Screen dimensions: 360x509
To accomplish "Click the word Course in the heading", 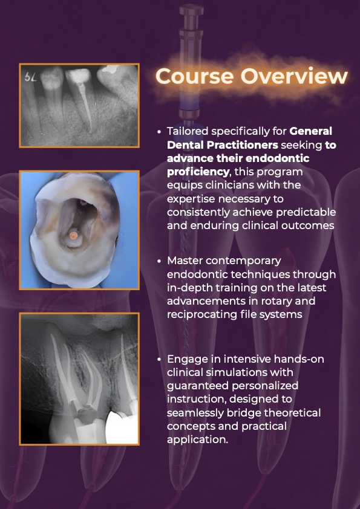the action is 194,76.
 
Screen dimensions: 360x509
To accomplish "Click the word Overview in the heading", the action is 294,76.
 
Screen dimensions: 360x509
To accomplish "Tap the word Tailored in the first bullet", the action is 188,131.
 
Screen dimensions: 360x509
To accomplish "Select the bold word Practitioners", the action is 239,144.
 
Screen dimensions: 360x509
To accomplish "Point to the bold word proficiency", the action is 198,172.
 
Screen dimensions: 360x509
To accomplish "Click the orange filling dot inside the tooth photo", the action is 74,236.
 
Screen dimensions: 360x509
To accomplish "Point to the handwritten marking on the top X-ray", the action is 30,77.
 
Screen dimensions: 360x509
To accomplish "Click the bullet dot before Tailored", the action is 159,132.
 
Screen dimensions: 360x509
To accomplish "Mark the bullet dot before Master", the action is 159,261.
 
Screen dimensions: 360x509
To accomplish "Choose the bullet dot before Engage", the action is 159,360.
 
